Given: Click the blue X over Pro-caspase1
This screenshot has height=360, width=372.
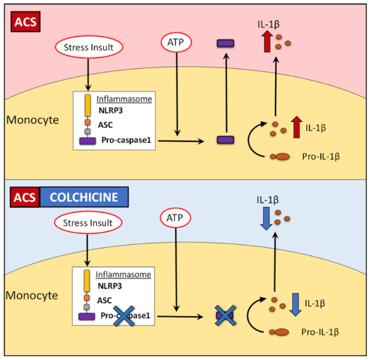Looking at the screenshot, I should pos(124,318).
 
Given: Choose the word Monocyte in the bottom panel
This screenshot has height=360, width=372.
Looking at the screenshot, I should pos(32,295).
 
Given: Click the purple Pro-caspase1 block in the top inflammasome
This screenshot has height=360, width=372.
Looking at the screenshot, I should pos(87,141).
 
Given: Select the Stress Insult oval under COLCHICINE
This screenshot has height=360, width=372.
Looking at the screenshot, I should pos(88,222).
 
